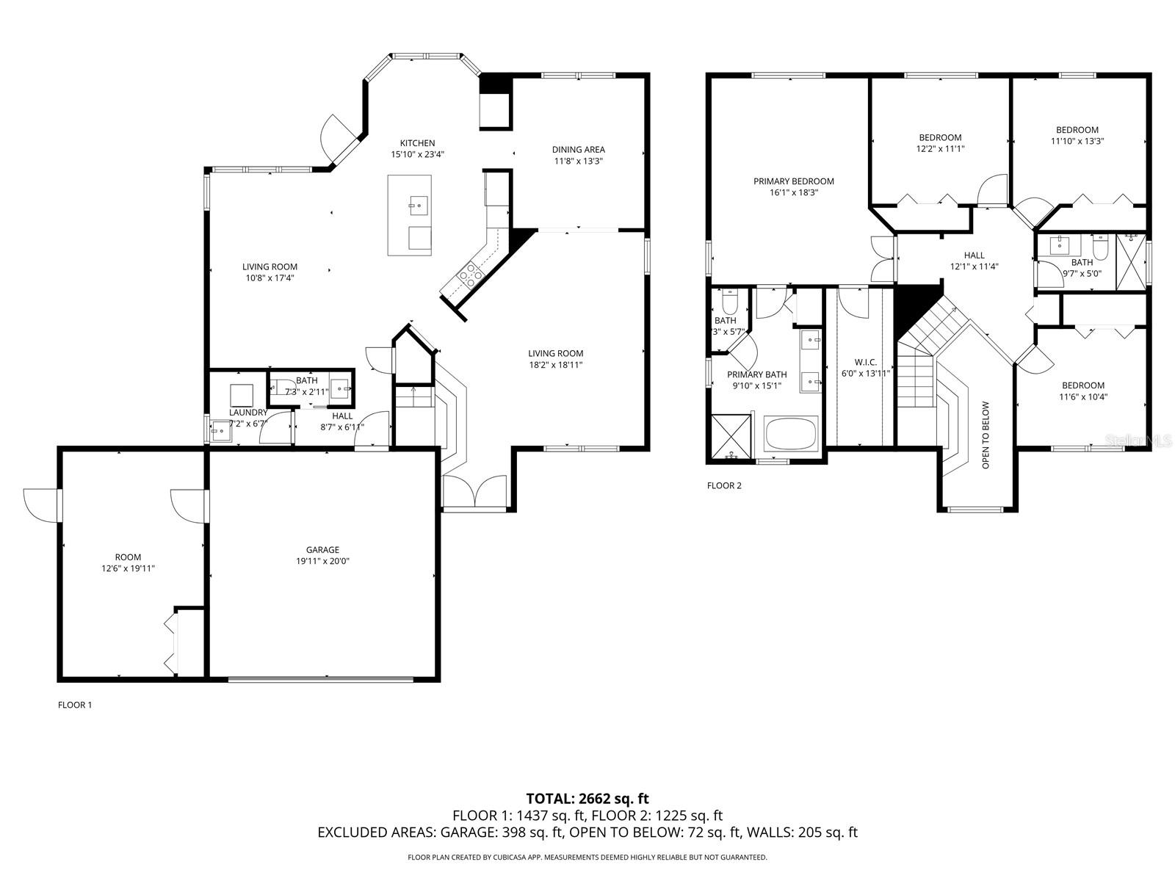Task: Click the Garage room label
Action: coord(322,549)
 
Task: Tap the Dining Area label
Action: coord(579,150)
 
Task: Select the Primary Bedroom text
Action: coord(793,181)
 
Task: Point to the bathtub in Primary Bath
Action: coord(791,434)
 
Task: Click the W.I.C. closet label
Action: coord(865,362)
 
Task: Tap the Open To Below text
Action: coord(986,435)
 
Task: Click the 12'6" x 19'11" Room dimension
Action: coord(128,568)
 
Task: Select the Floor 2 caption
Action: coord(724,485)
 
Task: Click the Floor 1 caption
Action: coord(75,705)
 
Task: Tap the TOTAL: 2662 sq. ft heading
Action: coord(587,798)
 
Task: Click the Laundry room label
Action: coord(247,413)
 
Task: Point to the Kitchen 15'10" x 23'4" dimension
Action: coord(417,154)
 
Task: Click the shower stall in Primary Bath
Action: coord(731,437)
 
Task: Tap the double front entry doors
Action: coord(475,492)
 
